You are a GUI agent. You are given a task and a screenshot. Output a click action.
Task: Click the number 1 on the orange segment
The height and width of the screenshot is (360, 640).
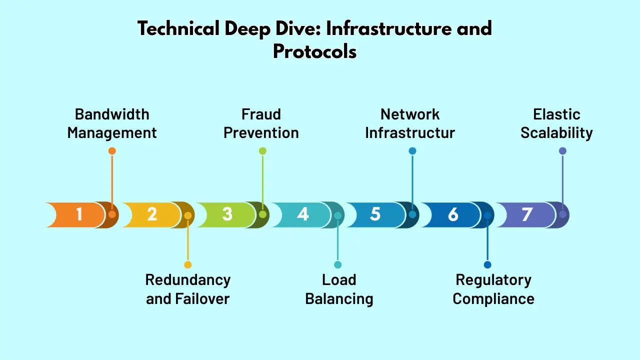tap(79, 214)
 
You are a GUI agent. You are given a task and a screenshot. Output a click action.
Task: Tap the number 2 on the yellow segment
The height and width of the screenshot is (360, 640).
tap(152, 214)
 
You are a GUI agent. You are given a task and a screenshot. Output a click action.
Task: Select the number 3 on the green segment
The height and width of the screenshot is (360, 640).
tap(227, 214)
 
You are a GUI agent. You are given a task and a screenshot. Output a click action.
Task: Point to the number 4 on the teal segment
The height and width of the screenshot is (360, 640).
tap(302, 214)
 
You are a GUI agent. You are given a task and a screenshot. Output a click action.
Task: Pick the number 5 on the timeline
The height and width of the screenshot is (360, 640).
tap(375, 214)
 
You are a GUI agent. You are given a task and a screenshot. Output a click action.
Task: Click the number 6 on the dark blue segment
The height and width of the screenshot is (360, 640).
tap(452, 214)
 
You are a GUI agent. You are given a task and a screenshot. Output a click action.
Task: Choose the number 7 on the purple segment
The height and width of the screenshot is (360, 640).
tap(527, 214)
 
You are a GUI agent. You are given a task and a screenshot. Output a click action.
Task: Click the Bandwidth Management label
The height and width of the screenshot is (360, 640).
tap(112, 123)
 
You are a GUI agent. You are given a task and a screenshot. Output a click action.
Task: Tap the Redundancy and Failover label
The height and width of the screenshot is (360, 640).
tap(187, 289)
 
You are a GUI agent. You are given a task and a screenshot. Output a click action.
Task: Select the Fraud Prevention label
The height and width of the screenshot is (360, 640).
tap(261, 123)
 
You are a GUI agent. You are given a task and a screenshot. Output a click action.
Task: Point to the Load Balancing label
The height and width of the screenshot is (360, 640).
tap(339, 289)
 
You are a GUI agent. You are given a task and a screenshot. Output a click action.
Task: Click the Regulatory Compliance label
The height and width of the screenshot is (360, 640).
tap(493, 289)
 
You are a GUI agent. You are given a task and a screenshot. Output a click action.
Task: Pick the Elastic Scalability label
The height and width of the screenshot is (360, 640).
tap(556, 123)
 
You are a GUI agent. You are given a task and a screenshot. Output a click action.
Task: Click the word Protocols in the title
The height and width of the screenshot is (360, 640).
tap(314, 51)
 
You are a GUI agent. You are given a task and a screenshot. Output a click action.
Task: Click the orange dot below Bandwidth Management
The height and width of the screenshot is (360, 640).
tap(112, 151)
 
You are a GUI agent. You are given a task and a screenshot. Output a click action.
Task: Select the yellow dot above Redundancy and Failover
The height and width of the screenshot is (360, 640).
tap(187, 265)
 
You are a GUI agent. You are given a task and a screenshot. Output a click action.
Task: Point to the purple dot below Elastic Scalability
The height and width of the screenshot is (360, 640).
tap(562, 151)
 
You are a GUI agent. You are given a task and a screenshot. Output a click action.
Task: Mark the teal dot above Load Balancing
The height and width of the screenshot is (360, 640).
tap(338, 265)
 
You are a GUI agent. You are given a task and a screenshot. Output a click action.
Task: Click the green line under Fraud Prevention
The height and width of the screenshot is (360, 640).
tap(262, 180)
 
